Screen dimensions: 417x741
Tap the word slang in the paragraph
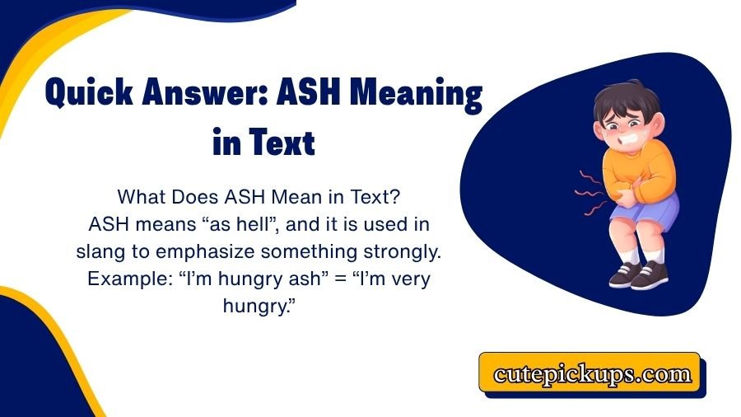click(104, 250)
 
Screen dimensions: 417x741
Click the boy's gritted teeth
click(613, 132)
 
